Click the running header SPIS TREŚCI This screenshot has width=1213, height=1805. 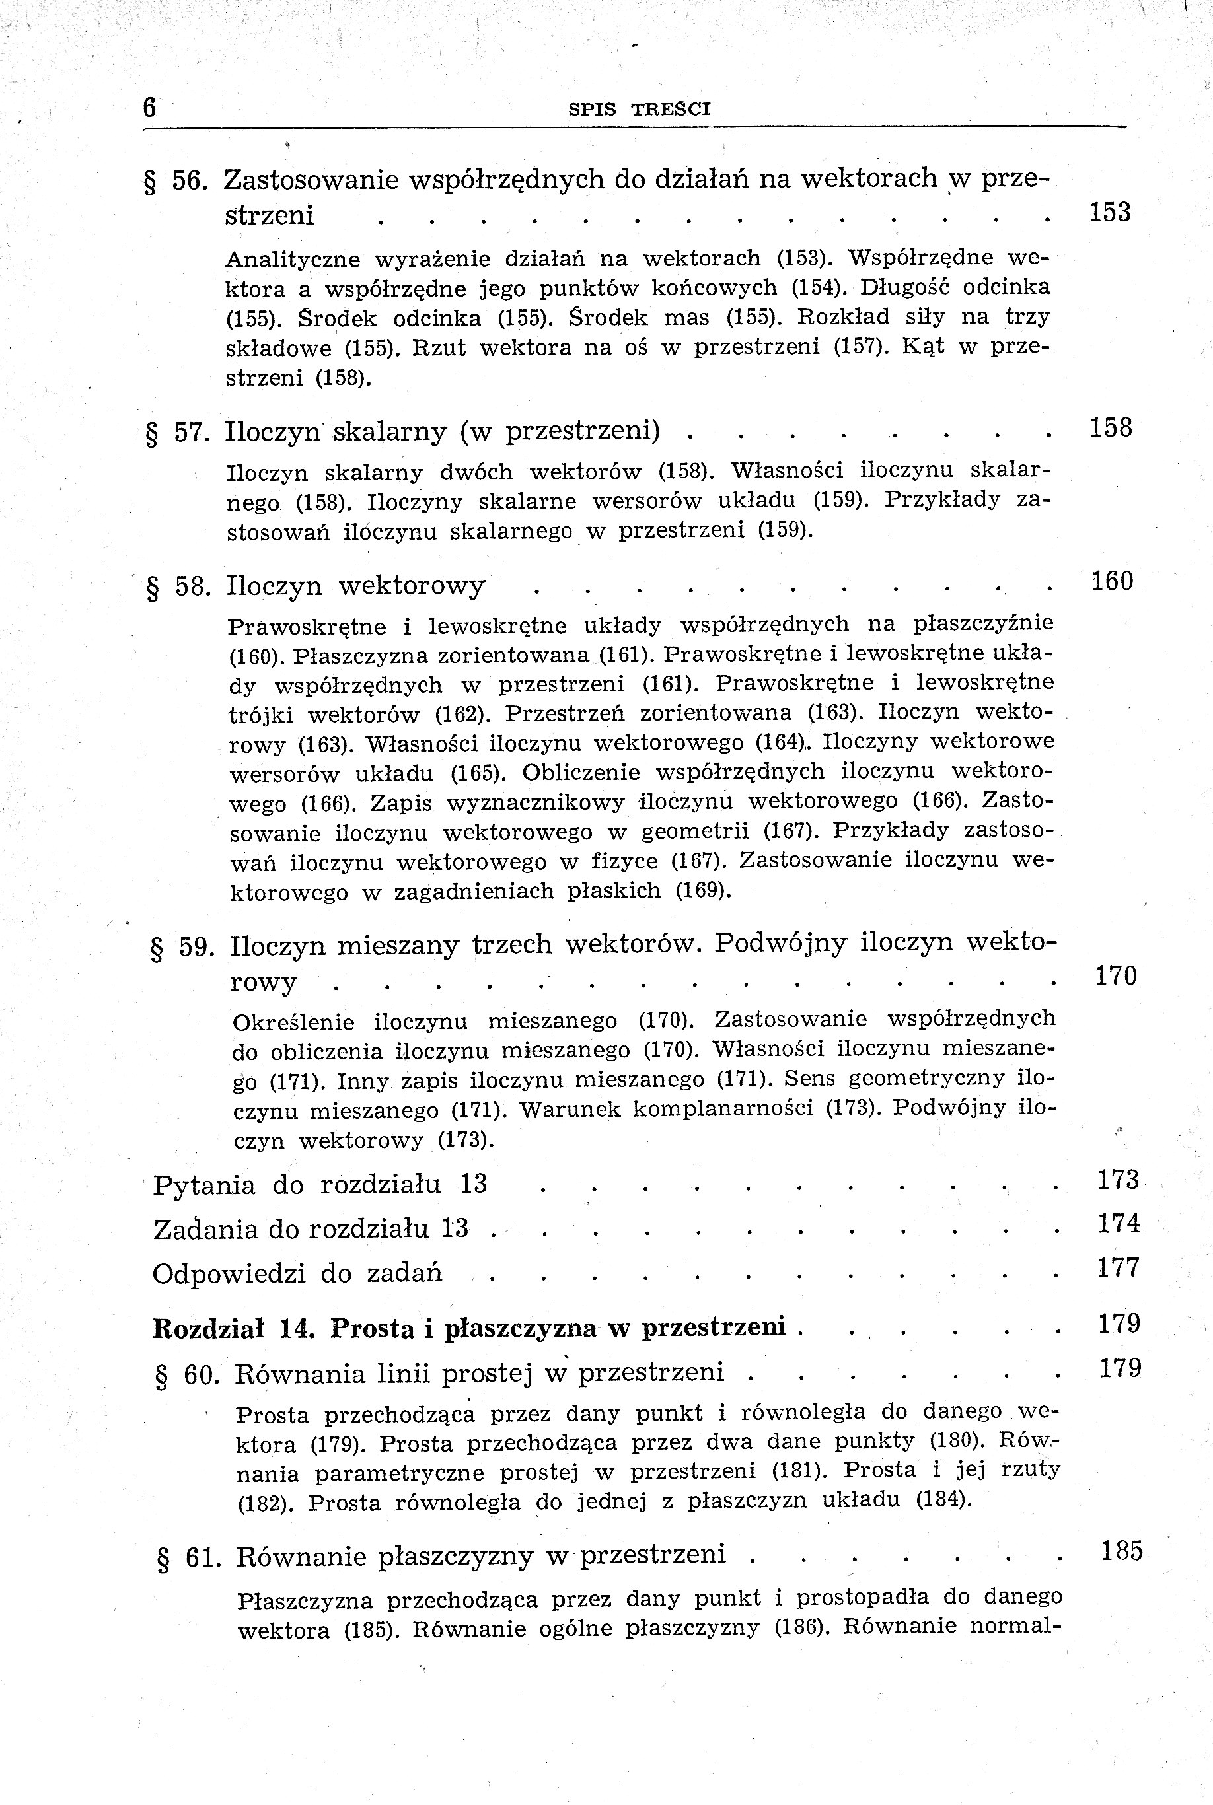click(639, 109)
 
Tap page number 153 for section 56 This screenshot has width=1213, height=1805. click(1109, 212)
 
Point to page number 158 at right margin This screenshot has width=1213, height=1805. click(1111, 428)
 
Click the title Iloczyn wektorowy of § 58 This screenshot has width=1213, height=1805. click(356, 585)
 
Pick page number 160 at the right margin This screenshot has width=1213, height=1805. click(1112, 581)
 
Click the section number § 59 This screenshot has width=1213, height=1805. click(182, 947)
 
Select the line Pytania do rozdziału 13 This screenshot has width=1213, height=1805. click(320, 1185)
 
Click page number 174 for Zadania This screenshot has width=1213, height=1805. click(1119, 1223)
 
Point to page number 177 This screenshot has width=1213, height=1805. click(1119, 1267)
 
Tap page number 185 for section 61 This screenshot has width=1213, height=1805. click(1122, 1551)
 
